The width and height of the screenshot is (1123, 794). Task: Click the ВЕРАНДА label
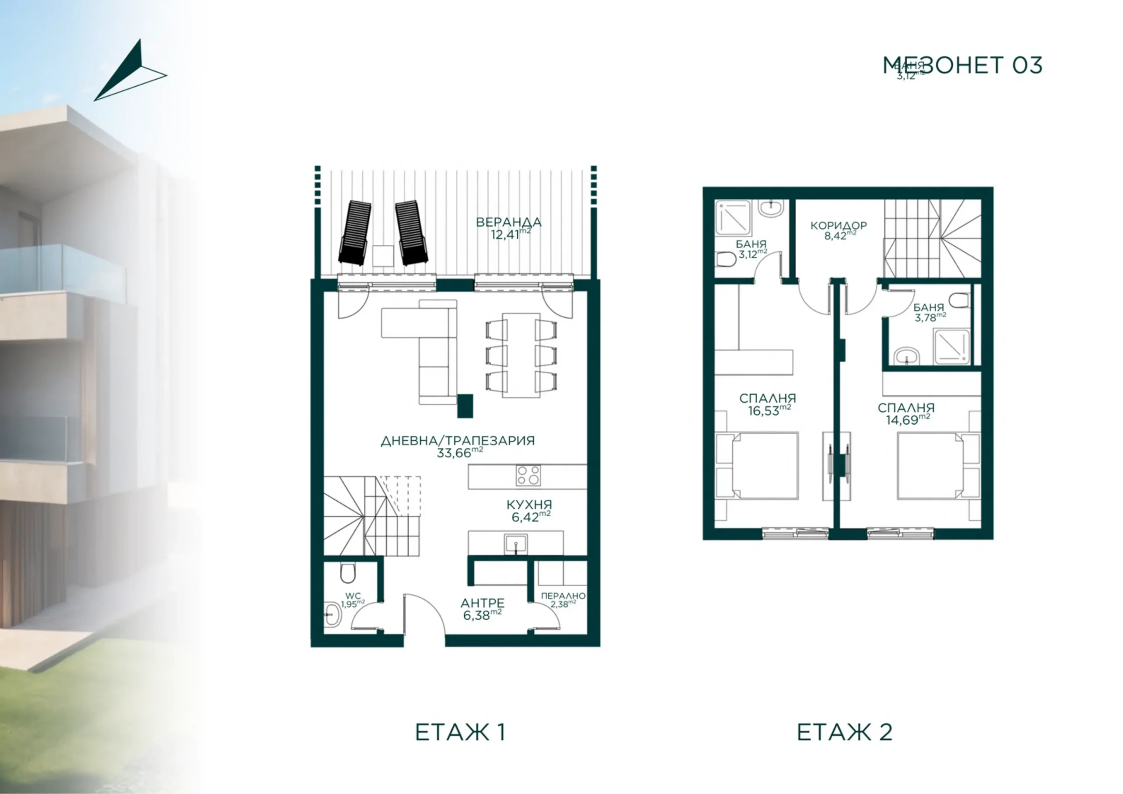(508, 223)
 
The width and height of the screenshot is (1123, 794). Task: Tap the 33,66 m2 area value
(459, 453)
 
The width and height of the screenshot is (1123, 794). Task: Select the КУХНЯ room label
(529, 504)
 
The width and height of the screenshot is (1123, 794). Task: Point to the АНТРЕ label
(483, 603)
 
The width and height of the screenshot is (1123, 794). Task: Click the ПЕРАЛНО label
(563, 596)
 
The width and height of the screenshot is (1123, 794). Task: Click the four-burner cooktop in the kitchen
(529, 476)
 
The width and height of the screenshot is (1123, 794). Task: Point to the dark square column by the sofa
(465, 406)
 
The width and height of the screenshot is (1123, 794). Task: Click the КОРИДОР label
(839, 225)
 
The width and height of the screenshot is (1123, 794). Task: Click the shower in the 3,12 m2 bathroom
(734, 217)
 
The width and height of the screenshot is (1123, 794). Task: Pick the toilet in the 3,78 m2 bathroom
(961, 300)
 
